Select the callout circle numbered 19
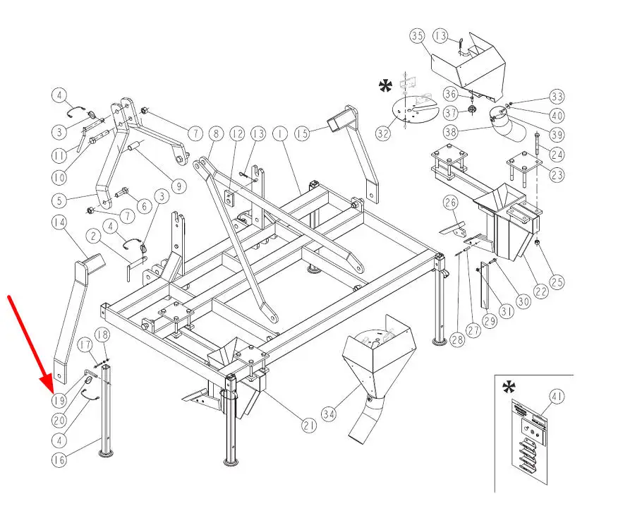pyautogui.click(x=59, y=400)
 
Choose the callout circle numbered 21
pyautogui.click(x=308, y=425)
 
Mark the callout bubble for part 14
pyautogui.click(x=59, y=222)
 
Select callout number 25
pyautogui.click(x=557, y=283)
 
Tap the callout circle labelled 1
pyautogui.click(x=279, y=133)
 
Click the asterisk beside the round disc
pyautogui.click(x=386, y=87)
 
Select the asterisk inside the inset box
pyautogui.click(x=508, y=387)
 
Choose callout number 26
pyautogui.click(x=450, y=204)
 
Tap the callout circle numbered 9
pyautogui.click(x=177, y=187)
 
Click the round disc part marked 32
pyautogui.click(x=413, y=112)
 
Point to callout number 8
pyautogui.click(x=216, y=133)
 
